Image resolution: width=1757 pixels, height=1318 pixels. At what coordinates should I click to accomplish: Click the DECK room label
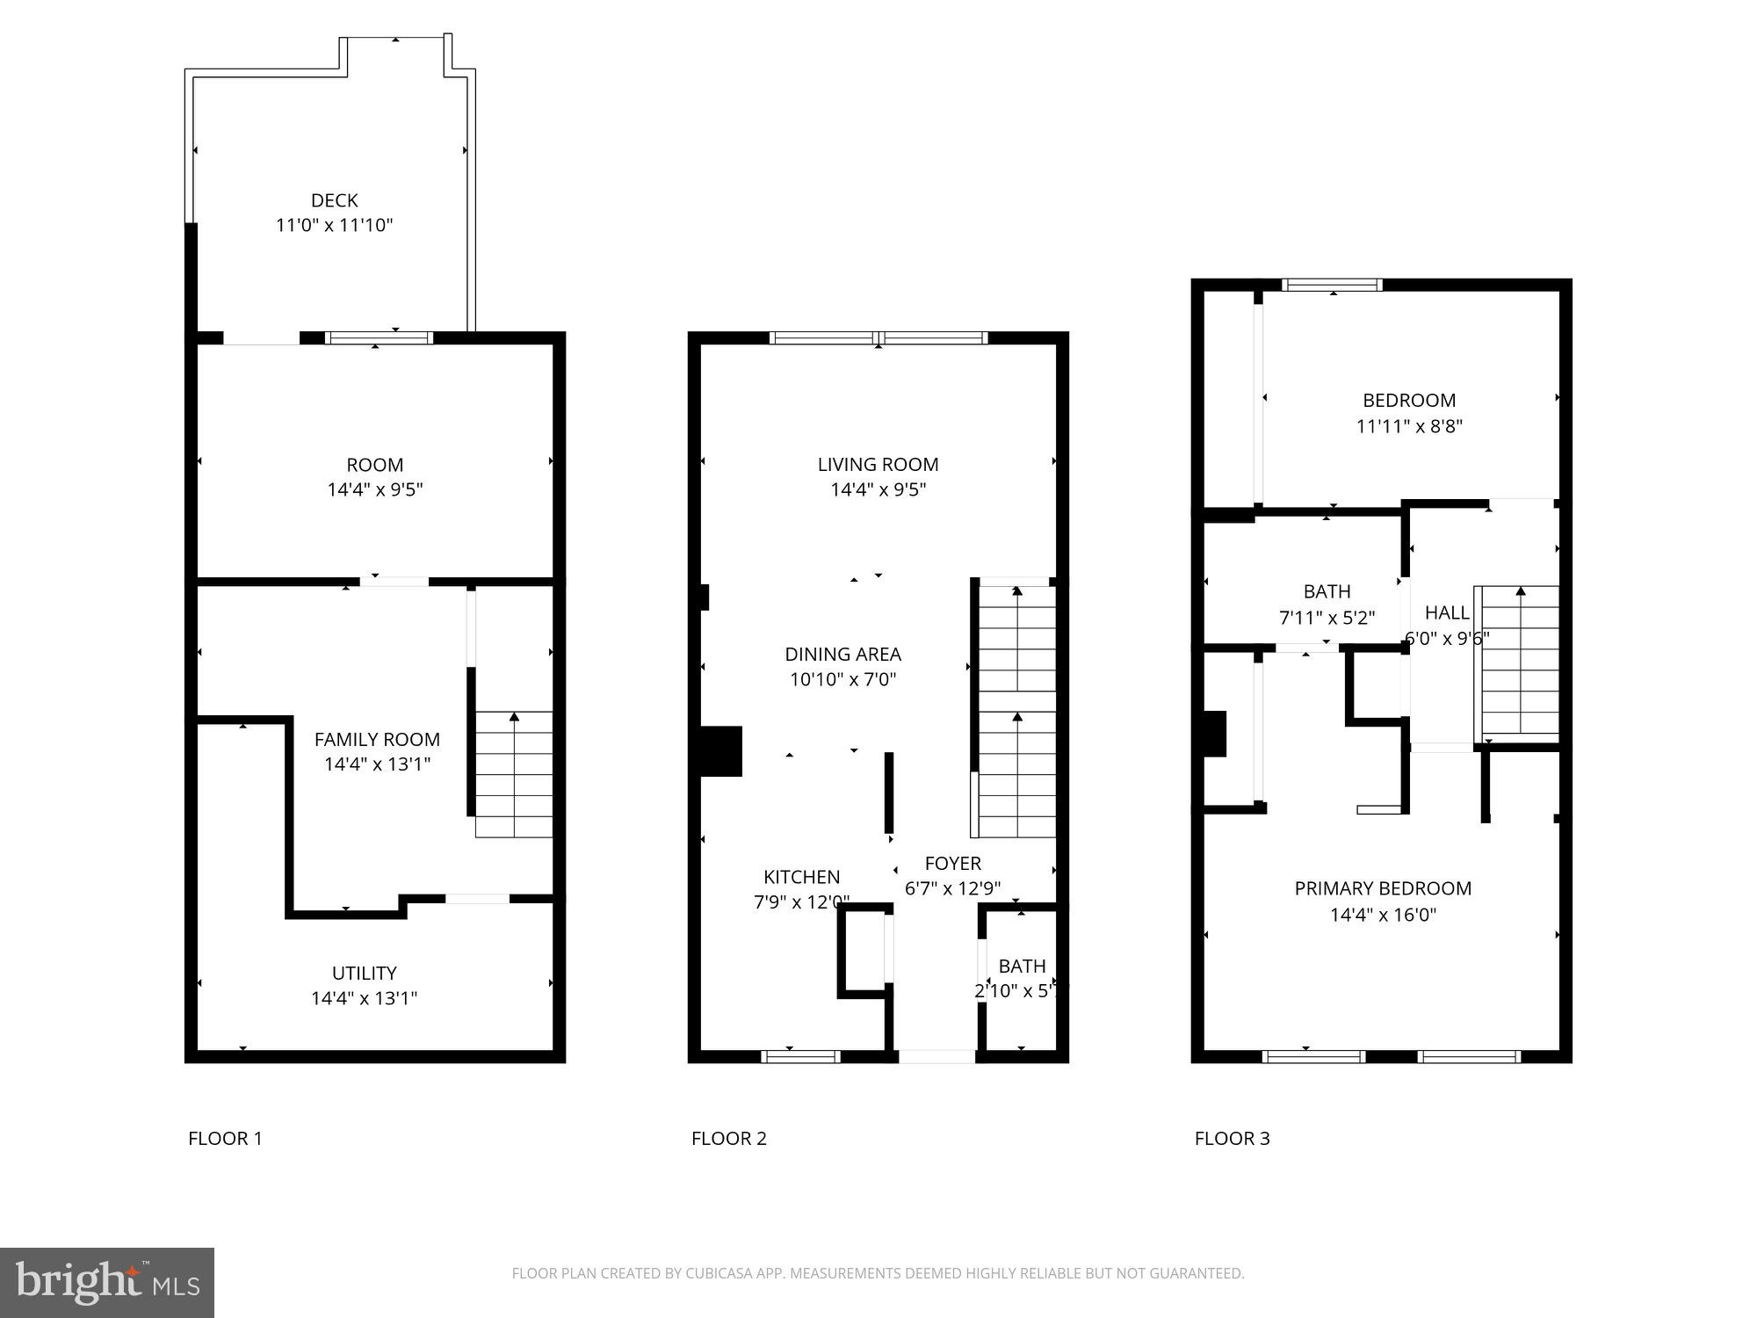point(334,200)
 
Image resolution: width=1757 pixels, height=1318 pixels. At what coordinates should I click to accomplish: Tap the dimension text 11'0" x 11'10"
point(334,226)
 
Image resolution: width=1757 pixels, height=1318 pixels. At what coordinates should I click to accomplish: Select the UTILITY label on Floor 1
point(364,973)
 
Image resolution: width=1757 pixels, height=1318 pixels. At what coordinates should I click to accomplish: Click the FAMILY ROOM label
point(377,740)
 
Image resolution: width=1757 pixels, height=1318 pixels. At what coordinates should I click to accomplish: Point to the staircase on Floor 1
point(514,773)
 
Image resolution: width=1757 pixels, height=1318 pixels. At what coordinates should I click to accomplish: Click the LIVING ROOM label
point(878,465)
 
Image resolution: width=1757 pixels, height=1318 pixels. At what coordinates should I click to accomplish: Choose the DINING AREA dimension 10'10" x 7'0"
point(842,679)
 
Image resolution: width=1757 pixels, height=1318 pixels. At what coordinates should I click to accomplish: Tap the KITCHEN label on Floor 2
point(801,877)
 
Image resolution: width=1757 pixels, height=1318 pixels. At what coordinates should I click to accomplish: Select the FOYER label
point(952,864)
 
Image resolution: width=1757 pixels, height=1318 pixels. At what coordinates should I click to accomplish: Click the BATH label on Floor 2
point(1022,967)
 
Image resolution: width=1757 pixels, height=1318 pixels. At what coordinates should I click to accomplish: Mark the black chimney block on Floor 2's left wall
point(720,751)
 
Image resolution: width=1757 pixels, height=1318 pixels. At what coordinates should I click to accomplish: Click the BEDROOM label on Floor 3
point(1408,401)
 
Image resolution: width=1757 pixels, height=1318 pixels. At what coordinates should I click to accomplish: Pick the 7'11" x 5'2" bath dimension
point(1327,618)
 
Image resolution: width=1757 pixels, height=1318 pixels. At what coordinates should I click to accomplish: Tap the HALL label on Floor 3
point(1446,612)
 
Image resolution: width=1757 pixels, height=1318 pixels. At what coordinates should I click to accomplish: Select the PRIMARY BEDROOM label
point(1383,888)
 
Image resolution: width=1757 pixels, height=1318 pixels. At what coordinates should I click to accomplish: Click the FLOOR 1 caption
point(225,1139)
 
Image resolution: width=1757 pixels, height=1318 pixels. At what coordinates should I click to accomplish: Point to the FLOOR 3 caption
point(1232,1139)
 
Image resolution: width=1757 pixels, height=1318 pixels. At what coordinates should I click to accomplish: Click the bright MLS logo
point(107,1283)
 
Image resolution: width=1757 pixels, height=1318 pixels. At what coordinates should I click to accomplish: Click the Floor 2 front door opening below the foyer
point(936,1056)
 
